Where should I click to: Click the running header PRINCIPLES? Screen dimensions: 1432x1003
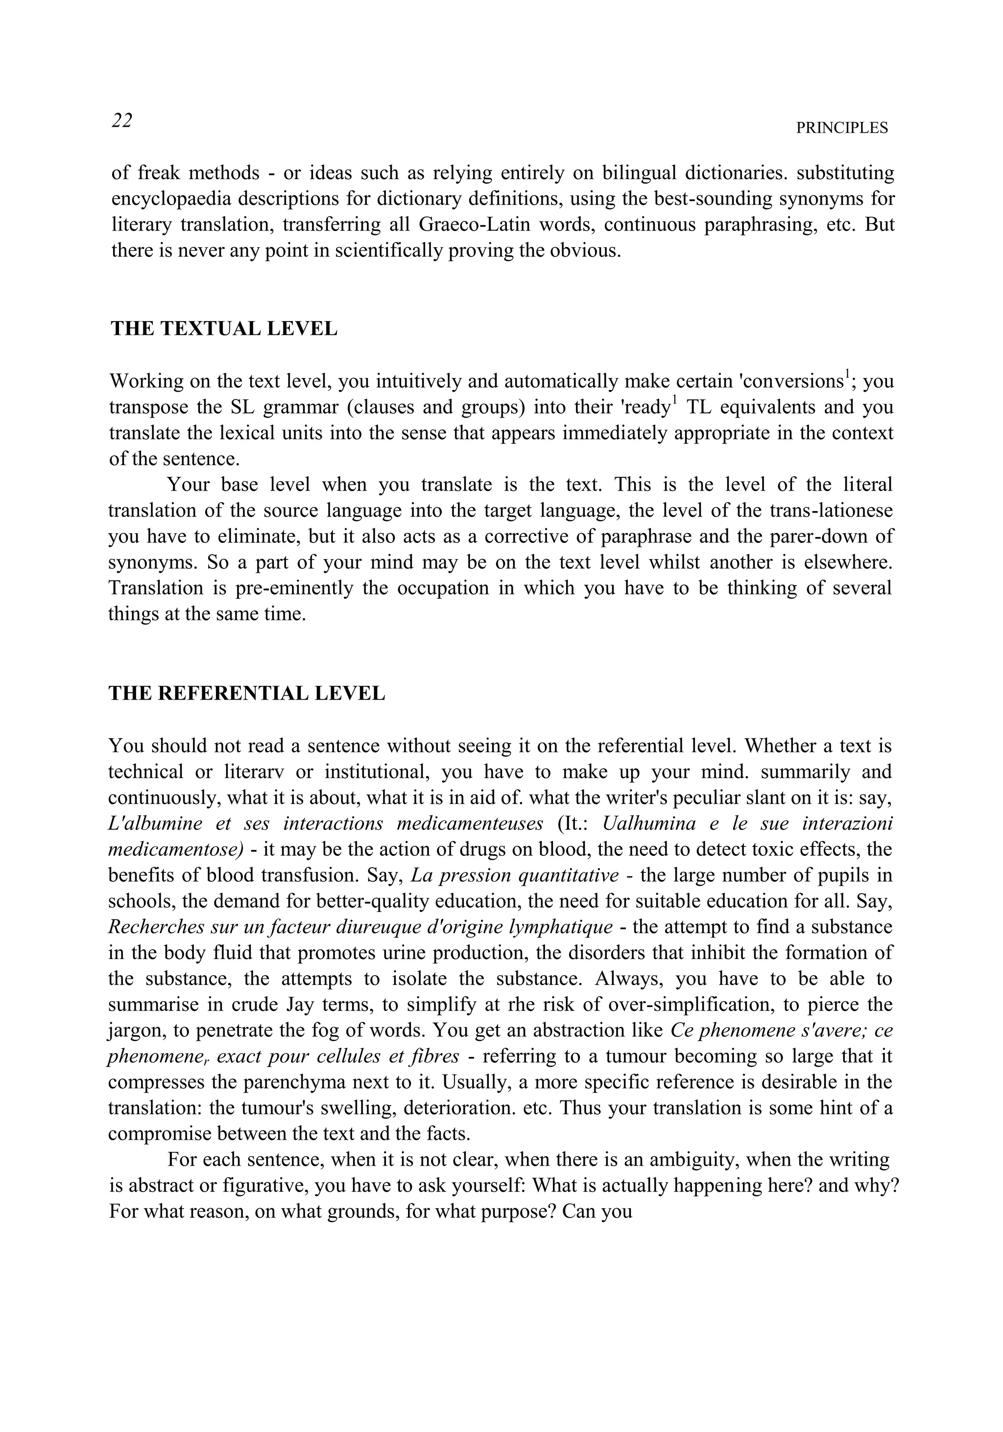[x=841, y=128]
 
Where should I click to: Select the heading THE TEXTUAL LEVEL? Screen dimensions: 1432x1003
[x=224, y=329]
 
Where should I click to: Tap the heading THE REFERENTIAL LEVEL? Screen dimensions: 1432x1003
[x=246, y=694]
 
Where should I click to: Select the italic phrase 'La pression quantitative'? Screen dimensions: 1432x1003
[x=515, y=876]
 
